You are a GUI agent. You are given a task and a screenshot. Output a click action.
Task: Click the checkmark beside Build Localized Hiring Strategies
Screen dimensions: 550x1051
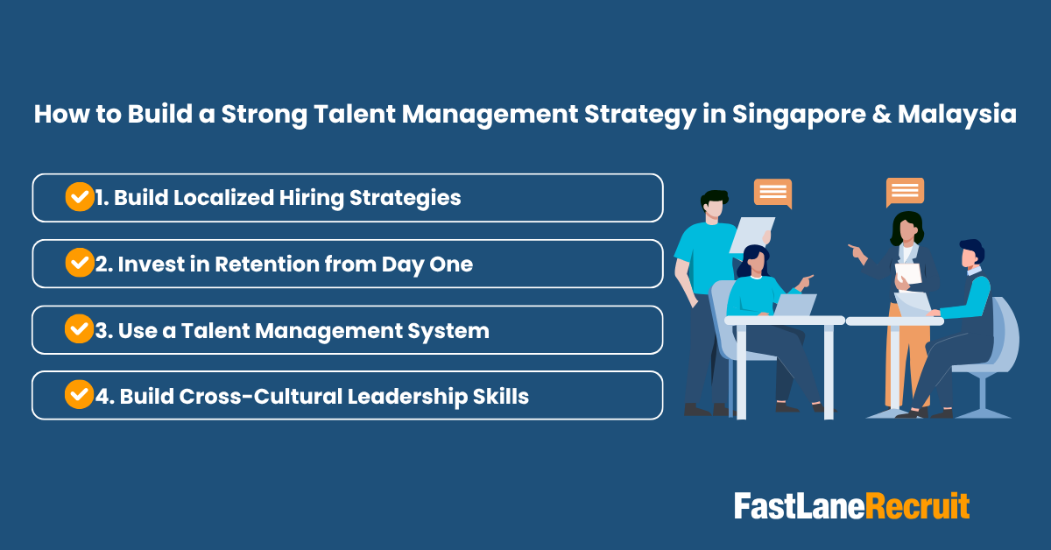point(79,197)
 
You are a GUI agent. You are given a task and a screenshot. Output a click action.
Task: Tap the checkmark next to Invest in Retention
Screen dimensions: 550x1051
point(79,263)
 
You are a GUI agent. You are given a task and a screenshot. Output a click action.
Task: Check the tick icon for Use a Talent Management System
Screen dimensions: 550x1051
point(79,329)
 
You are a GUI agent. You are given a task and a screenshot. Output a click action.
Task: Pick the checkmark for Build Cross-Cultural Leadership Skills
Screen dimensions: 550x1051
point(79,395)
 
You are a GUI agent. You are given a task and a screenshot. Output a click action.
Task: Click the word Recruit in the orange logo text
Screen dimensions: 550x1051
point(918,506)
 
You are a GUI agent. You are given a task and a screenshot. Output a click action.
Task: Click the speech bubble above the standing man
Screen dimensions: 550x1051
point(772,193)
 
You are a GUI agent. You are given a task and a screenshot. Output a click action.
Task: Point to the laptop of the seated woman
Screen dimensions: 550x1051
point(794,304)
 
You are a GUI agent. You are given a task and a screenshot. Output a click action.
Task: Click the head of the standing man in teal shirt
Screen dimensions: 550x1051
point(714,205)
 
